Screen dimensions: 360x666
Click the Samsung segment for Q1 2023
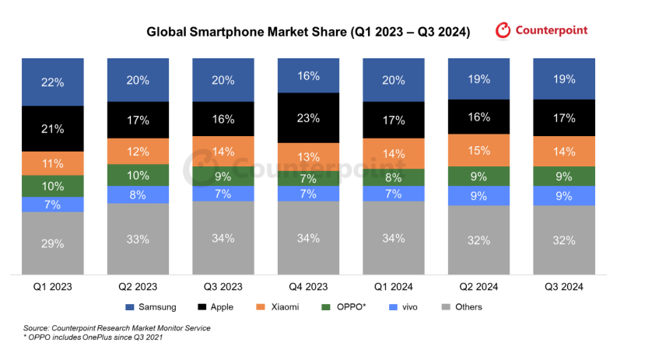(x=52, y=81)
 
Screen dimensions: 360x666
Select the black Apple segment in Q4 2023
(x=308, y=117)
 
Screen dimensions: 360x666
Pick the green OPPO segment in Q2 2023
(x=137, y=176)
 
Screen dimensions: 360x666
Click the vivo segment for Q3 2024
(x=565, y=196)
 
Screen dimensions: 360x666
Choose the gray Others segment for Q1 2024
(x=394, y=238)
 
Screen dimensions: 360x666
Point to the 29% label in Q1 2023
(x=52, y=243)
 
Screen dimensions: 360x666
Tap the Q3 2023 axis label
(x=223, y=286)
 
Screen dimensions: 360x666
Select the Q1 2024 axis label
(x=394, y=286)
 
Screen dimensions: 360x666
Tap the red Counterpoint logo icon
(x=503, y=30)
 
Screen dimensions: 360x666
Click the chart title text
(x=308, y=33)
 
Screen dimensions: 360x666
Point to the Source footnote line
(x=117, y=328)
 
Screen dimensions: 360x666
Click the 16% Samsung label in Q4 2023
(x=308, y=76)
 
